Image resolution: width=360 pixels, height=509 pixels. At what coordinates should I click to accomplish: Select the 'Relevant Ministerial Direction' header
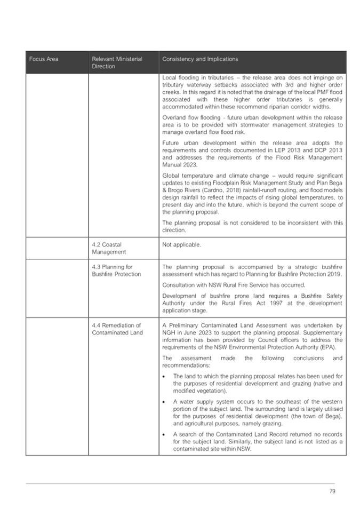[x=117, y=62]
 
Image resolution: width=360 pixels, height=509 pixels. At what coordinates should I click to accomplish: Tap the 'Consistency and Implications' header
[x=200, y=59]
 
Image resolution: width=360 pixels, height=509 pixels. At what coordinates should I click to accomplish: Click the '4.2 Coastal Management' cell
[x=109, y=248]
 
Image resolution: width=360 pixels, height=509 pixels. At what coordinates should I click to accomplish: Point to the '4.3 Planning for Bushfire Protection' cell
[x=116, y=270]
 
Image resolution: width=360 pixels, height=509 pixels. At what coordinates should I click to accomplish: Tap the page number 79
[x=331, y=491]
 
